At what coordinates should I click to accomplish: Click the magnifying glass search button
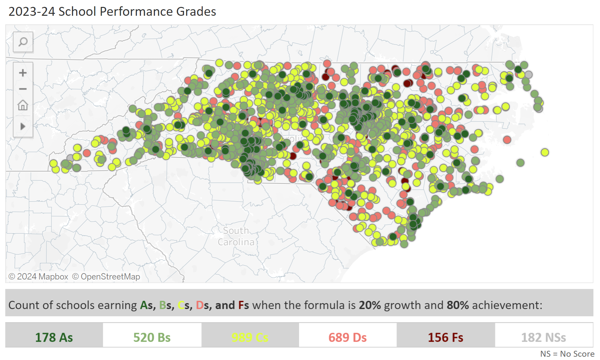click(23, 42)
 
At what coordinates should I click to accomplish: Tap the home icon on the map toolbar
click(23, 106)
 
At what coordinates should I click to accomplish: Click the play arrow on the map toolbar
click(23, 126)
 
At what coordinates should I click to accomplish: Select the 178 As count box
click(54, 337)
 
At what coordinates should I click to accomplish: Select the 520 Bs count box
click(152, 337)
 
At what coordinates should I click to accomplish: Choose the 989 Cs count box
click(250, 337)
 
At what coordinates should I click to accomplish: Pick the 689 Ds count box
click(347, 337)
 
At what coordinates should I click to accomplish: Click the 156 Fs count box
click(445, 337)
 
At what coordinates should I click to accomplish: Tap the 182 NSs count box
click(543, 337)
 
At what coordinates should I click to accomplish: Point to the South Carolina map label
click(236, 236)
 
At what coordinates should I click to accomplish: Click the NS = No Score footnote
click(567, 354)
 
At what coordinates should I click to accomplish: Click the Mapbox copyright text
click(38, 276)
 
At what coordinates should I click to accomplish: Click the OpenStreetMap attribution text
click(106, 276)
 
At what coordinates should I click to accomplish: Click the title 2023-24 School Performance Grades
click(112, 12)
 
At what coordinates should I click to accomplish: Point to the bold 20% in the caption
click(369, 305)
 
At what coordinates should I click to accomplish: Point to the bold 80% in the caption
click(457, 305)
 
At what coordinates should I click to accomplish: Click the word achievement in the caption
click(507, 305)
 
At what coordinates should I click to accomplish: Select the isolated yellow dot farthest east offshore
click(545, 152)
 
